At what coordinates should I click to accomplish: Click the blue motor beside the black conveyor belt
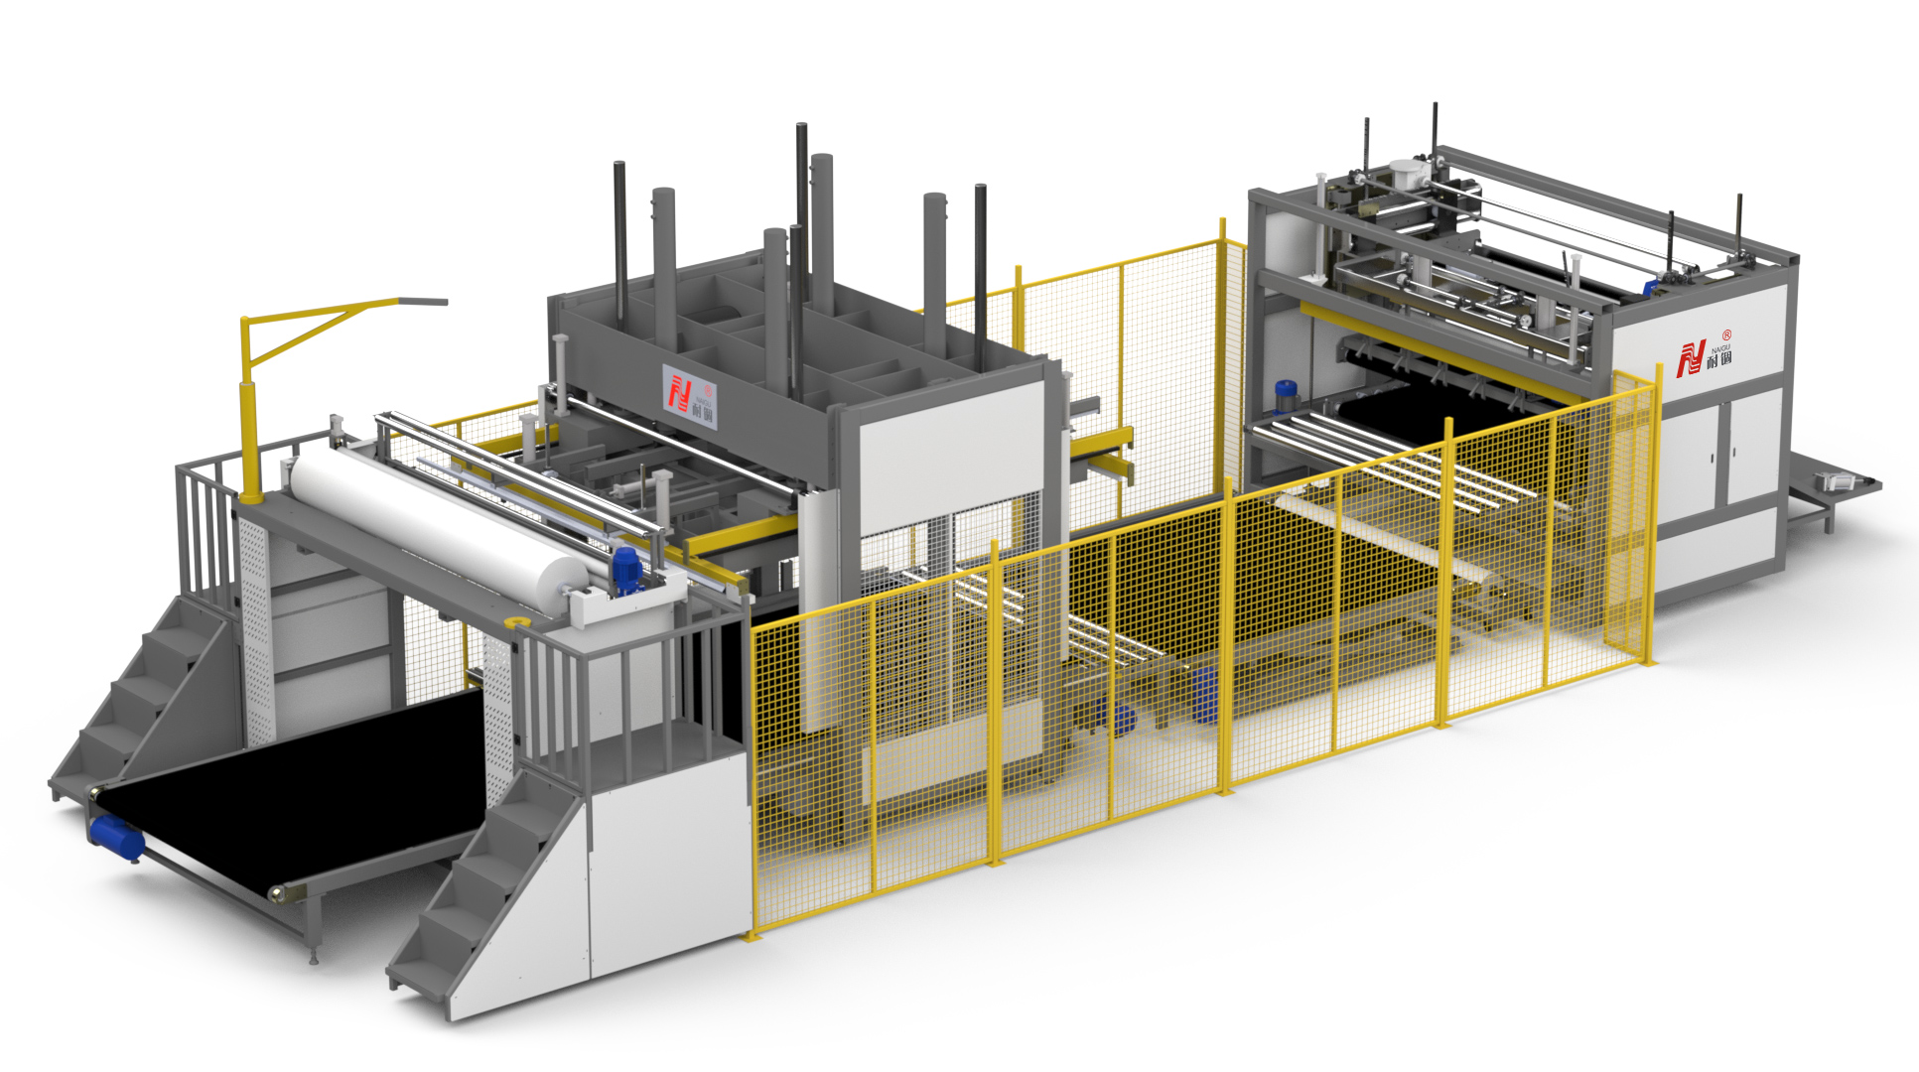pos(117,836)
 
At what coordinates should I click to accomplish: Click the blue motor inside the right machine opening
pos(1286,394)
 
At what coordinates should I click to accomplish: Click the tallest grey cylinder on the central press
pos(821,228)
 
